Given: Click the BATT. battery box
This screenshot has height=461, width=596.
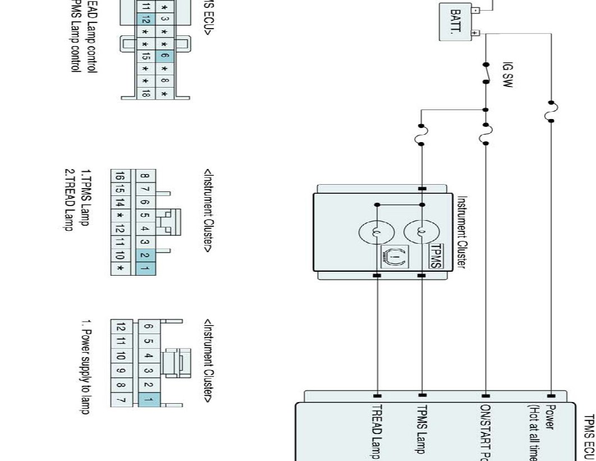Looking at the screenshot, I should [455, 21].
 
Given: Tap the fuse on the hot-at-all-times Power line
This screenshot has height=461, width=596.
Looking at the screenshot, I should [551, 111].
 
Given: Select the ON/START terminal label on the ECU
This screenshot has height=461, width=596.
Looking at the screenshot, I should [486, 432].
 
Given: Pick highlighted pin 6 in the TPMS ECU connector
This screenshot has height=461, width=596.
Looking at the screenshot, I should [164, 56].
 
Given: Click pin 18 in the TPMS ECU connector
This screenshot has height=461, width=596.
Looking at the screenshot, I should [146, 93].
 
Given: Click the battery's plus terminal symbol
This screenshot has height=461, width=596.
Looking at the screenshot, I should [475, 33].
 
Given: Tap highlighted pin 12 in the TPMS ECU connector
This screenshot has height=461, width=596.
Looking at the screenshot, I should [146, 22].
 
